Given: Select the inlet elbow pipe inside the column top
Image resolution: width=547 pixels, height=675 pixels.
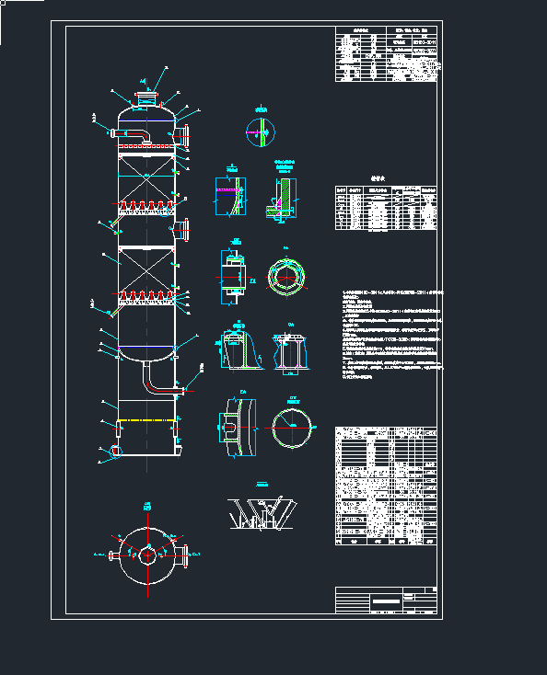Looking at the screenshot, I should (135, 136).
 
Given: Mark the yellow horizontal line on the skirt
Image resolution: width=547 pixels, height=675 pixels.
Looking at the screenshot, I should (146, 420).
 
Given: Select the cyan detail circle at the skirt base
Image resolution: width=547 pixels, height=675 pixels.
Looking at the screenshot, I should (114, 451).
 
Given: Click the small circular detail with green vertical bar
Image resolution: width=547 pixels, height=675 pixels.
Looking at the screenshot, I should (260, 132).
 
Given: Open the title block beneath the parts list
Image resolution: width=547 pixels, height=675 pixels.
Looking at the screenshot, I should (386, 599).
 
